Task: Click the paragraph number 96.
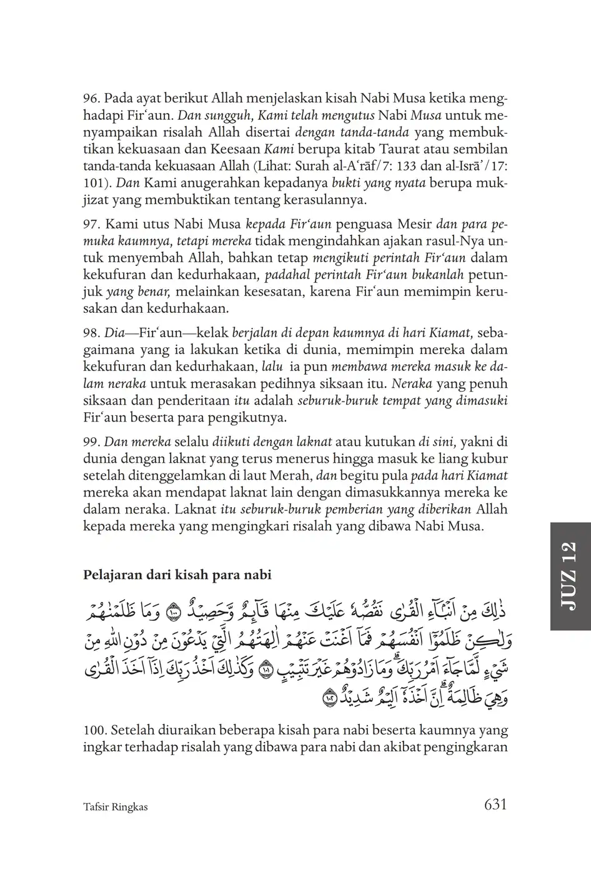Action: pos(91,99)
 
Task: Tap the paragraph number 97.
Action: pos(91,224)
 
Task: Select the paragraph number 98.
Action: pos(91,332)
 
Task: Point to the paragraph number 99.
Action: pos(91,442)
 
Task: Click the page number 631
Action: pos(495,804)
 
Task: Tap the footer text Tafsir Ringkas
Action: pos(115,806)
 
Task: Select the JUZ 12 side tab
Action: pos(570,576)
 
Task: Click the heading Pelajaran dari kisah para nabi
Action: pos(177,575)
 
